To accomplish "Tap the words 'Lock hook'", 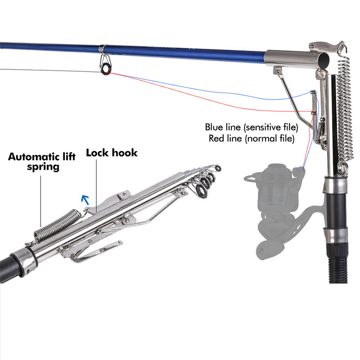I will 112,153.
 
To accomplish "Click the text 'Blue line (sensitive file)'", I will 252,127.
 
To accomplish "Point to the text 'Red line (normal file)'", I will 252,138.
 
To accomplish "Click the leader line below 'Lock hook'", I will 96,184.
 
